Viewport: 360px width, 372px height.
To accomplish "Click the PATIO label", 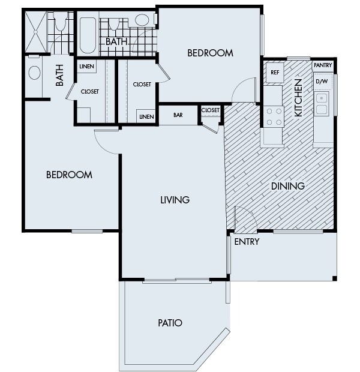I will click(170, 323).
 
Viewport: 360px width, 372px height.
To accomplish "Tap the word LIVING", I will click(175, 200).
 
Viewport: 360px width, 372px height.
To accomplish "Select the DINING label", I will click(287, 186).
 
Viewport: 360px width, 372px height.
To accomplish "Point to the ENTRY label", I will click(247, 242).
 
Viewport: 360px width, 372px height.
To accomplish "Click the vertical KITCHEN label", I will click(298, 97).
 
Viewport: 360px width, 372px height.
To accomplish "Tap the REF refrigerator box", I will click(275, 73).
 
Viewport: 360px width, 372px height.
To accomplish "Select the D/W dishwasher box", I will click(322, 80).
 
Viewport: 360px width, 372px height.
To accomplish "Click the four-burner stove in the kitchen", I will click(274, 115).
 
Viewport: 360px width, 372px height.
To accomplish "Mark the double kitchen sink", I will click(322, 103).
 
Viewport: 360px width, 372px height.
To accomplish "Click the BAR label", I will click(178, 115).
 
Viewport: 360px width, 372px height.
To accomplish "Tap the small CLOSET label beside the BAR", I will click(211, 110).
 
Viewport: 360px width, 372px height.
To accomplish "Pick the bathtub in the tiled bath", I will click(88, 35).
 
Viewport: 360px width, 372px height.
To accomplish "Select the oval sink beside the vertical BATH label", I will click(34, 73).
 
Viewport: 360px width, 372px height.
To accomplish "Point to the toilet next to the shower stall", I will click(60, 24).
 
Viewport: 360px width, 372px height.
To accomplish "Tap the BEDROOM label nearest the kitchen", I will click(210, 53).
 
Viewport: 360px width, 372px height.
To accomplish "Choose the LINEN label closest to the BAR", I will click(146, 116).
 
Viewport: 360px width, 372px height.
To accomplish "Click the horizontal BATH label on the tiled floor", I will click(116, 42).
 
